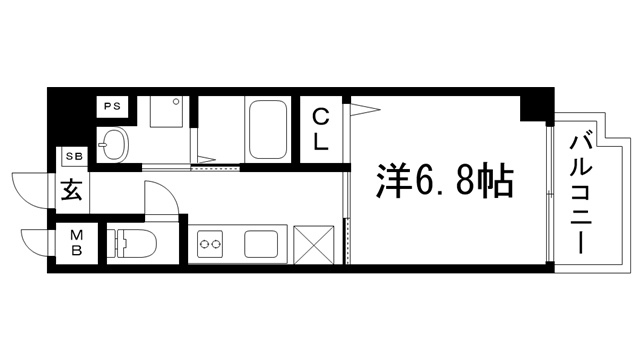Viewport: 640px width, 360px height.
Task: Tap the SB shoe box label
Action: (x=73, y=157)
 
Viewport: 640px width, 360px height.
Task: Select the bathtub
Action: (x=267, y=127)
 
